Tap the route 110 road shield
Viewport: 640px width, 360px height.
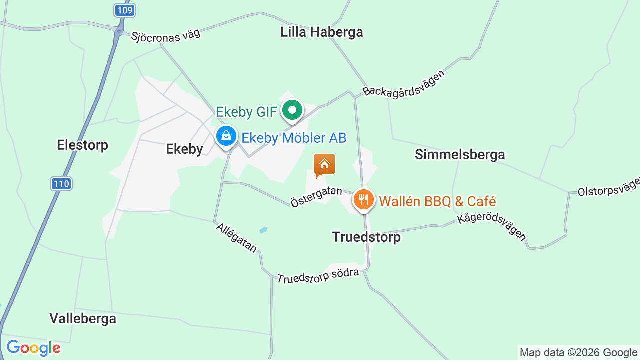(x=61, y=184)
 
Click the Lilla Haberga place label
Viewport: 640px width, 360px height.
(x=321, y=32)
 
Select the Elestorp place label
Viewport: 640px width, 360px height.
(x=82, y=145)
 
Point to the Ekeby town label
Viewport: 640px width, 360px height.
(x=184, y=149)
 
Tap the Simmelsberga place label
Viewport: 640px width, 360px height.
(x=460, y=155)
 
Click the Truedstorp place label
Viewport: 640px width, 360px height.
(x=366, y=237)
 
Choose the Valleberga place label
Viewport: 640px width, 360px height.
(x=83, y=318)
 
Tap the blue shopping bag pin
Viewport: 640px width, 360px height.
(x=226, y=136)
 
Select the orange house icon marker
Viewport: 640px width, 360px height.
(x=324, y=165)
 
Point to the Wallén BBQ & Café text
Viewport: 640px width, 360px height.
(x=437, y=201)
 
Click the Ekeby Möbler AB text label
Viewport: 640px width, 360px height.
(x=294, y=138)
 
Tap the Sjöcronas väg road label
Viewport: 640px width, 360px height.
(x=165, y=35)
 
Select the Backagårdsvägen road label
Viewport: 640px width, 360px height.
(x=404, y=83)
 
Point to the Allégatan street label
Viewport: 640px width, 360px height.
(x=236, y=238)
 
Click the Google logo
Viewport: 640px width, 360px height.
(x=33, y=348)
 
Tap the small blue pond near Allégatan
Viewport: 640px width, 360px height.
(x=263, y=230)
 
